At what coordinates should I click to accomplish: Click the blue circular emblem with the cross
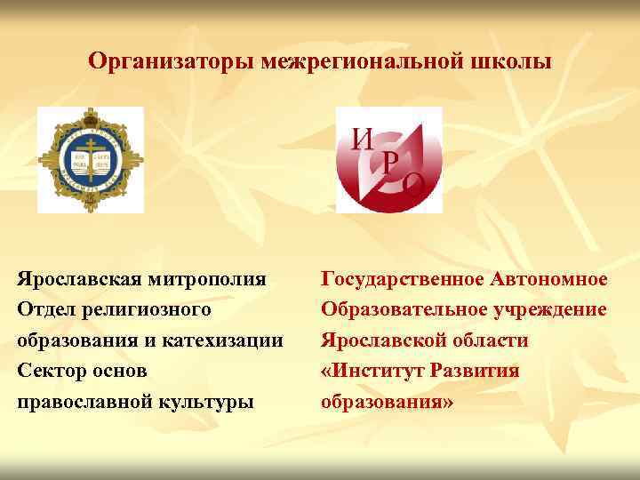[90, 161]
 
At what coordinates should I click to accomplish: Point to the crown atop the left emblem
[90, 115]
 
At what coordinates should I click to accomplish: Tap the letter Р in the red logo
[389, 161]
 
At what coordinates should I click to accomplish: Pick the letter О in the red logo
[413, 184]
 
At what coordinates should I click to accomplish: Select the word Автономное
[548, 280]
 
